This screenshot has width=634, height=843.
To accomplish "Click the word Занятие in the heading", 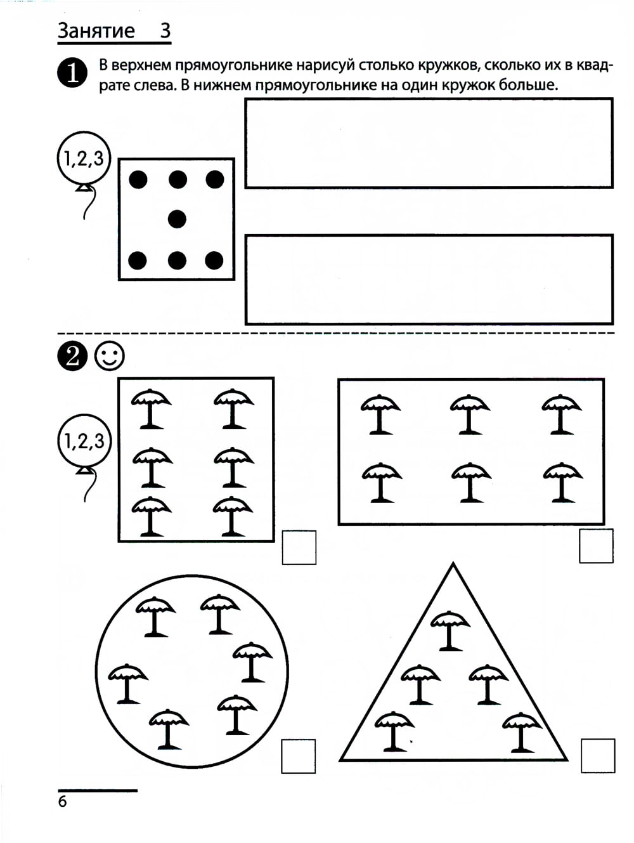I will click(96, 30).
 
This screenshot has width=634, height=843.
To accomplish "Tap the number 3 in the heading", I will click(165, 30).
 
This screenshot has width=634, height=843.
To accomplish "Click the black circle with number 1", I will click(72, 73).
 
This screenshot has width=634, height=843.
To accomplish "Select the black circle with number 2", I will click(72, 356).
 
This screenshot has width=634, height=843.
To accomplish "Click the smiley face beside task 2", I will click(109, 356).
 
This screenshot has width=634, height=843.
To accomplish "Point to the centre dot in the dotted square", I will click(178, 219).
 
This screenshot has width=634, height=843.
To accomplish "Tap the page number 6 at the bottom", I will click(62, 802).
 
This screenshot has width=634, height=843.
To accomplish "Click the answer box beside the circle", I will click(299, 756).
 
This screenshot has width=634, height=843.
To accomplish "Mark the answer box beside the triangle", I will click(598, 755).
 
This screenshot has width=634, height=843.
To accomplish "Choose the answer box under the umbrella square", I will click(299, 547).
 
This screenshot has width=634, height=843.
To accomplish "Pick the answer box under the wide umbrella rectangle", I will click(596, 546).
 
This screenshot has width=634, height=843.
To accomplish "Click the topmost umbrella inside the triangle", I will click(450, 631).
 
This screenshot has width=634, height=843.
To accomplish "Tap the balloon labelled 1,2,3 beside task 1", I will click(84, 159).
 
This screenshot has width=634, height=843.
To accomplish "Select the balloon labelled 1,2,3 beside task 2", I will click(84, 441).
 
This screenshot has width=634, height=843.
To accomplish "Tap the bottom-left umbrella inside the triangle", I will click(394, 731).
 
